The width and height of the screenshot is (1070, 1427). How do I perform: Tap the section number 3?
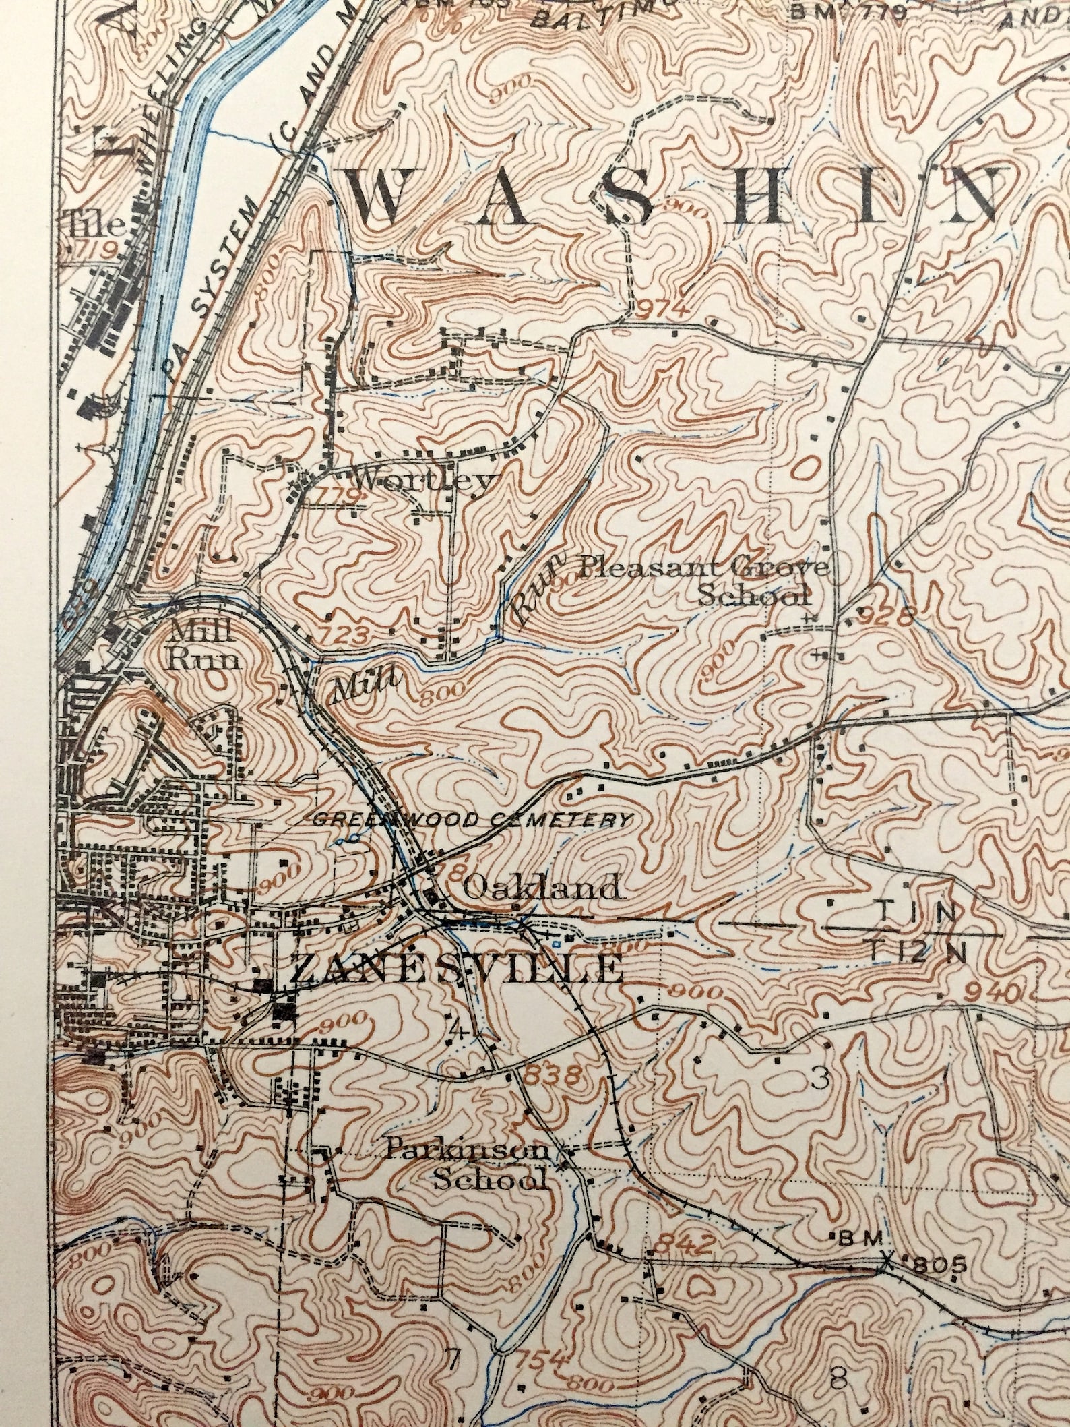[x=819, y=1081]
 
